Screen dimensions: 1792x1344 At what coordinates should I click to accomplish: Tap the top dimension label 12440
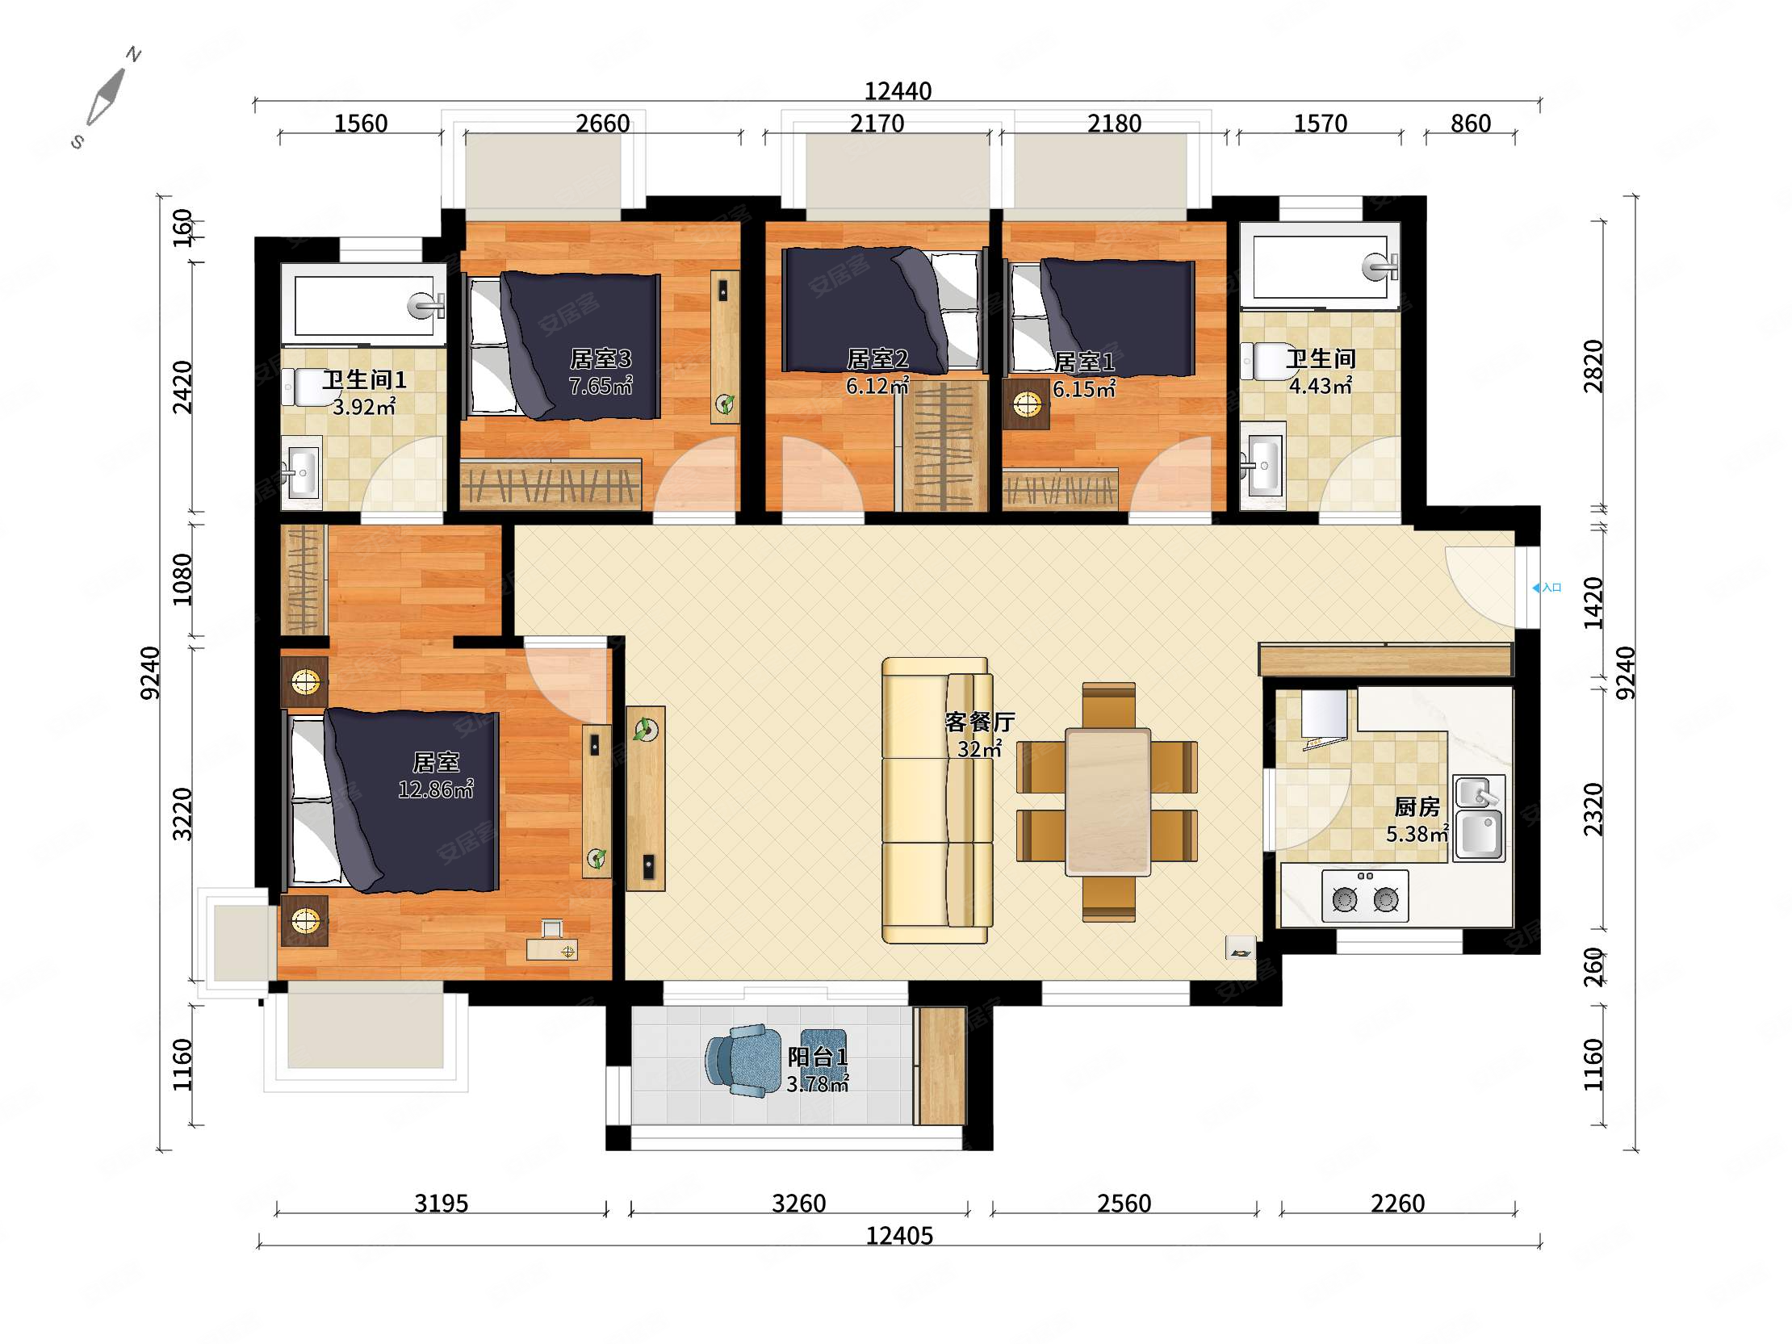(898, 91)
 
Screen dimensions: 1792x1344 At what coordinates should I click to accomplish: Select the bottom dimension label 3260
(799, 1204)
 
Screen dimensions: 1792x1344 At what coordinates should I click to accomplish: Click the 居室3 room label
(601, 358)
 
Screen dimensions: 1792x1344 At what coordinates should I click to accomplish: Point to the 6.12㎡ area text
(877, 386)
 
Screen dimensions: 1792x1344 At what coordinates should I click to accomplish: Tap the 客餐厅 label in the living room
(979, 722)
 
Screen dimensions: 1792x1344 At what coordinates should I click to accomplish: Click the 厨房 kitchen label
(1417, 807)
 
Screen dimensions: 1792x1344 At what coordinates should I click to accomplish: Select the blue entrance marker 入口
(1547, 588)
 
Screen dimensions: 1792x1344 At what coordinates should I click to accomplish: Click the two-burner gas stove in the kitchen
(1365, 896)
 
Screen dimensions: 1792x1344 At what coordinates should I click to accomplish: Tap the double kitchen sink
(1480, 819)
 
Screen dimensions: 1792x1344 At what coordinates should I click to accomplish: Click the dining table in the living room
(1107, 802)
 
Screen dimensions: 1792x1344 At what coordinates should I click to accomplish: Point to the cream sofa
(937, 801)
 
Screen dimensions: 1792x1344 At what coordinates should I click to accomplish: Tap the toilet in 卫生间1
(301, 387)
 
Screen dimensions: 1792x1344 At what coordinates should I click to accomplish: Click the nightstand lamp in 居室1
(1027, 404)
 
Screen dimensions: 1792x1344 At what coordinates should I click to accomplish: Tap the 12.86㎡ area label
(436, 789)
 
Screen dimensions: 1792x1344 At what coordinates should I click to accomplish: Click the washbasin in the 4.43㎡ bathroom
(1262, 465)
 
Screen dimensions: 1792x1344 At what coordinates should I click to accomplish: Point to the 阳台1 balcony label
(818, 1057)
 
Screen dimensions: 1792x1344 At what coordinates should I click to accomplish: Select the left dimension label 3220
(184, 814)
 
